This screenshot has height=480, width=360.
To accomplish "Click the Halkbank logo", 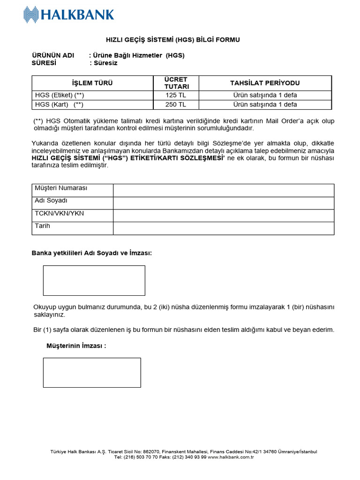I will pyautogui.click(x=69, y=15).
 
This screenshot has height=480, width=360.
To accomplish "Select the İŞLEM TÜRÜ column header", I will pyautogui.click(x=92, y=83).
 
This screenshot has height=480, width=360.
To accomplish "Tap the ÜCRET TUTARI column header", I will pyautogui.click(x=176, y=83).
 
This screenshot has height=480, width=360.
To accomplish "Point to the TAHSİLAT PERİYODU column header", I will pyautogui.click(x=265, y=83).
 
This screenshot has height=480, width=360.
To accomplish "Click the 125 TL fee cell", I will pyautogui.click(x=176, y=95).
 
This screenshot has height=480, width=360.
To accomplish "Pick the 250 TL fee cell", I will pyautogui.click(x=176, y=104).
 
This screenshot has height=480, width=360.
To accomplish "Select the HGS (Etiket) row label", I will pyautogui.click(x=60, y=95).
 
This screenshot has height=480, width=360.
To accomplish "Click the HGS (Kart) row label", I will pyautogui.click(x=60, y=104).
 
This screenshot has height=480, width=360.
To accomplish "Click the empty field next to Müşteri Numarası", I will pyautogui.click(x=224, y=190).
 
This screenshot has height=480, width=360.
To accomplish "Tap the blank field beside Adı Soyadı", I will pyautogui.click(x=224, y=203).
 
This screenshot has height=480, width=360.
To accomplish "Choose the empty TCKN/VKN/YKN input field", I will pyautogui.click(x=224, y=216).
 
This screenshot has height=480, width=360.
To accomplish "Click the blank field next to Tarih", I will pyautogui.click(x=224, y=228).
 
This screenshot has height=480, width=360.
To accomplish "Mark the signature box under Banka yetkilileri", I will pyautogui.click(x=94, y=280).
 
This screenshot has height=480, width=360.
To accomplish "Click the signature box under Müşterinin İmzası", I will pyautogui.click(x=92, y=373).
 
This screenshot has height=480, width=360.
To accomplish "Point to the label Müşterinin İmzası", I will pyautogui.click(x=76, y=346).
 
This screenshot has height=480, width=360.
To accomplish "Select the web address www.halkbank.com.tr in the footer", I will pyautogui.click(x=231, y=457).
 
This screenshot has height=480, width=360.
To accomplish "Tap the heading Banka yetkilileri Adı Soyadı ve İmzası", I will pyautogui.click(x=92, y=253).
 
